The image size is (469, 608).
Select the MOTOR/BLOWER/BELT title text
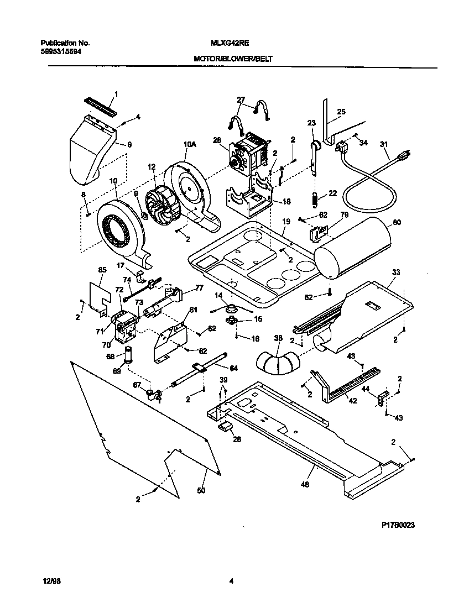pyautogui.click(x=233, y=58)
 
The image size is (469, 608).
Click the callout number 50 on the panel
pyautogui.click(x=201, y=490)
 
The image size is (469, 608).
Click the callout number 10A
pyautogui.click(x=189, y=144)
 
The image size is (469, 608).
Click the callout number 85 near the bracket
pyautogui.click(x=102, y=270)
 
